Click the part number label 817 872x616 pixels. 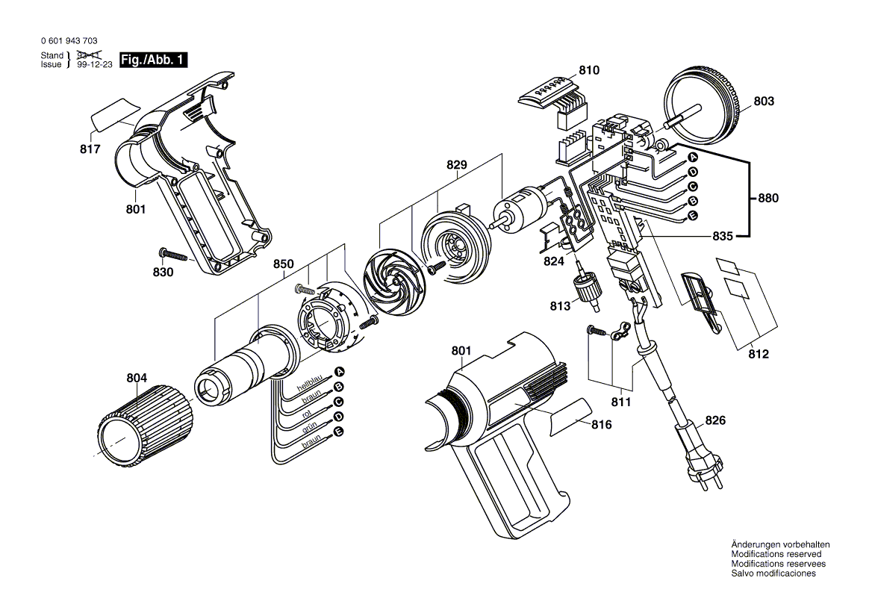pyautogui.click(x=90, y=149)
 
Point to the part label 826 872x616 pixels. pyautogui.click(x=714, y=421)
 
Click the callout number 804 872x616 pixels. pyautogui.click(x=137, y=379)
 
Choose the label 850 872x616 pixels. pyautogui.click(x=283, y=264)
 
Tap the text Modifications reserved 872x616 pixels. pyautogui.click(x=776, y=554)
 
